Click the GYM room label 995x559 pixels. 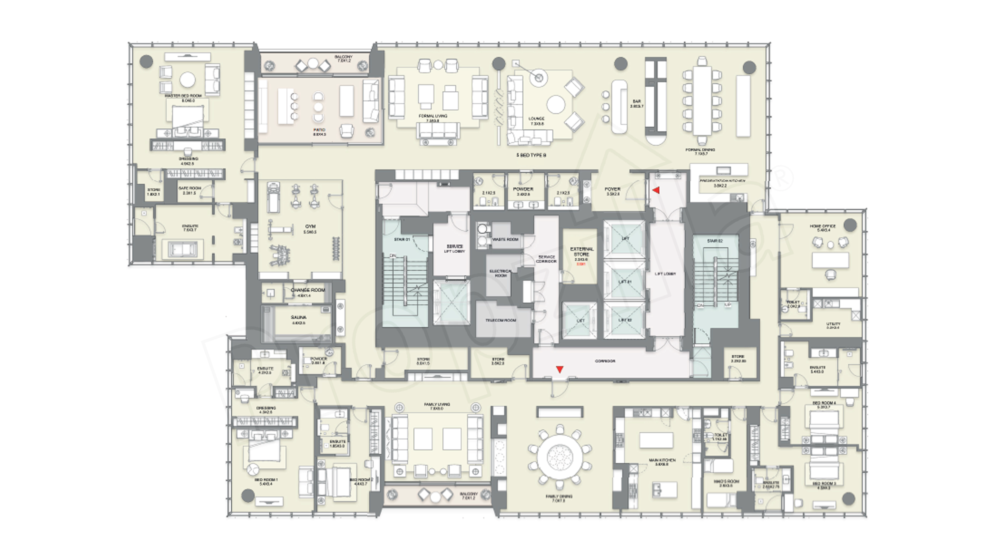click(x=310, y=226)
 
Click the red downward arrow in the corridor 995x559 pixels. click(x=559, y=370)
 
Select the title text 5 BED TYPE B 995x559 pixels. click(x=531, y=155)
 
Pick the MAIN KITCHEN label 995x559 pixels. click(x=662, y=460)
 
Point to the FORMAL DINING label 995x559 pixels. click(x=700, y=150)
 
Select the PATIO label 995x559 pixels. click(x=319, y=130)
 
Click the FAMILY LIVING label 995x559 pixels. click(x=437, y=404)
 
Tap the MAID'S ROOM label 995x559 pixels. click(x=726, y=481)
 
